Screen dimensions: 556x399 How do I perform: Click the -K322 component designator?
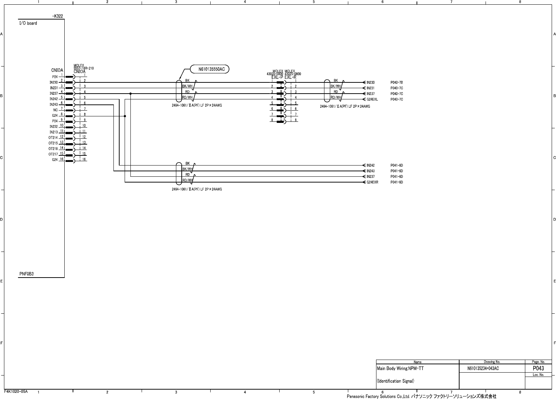pyautogui.click(x=58, y=16)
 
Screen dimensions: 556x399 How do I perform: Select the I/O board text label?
pyautogui.click(x=28, y=23)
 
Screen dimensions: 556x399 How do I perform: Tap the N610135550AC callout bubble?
pyautogui.click(x=212, y=69)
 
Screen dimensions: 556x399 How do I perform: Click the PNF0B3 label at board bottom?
pyautogui.click(x=26, y=274)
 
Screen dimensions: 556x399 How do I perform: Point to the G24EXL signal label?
pyautogui.click(x=372, y=99)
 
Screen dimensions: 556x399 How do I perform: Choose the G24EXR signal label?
pyautogui.click(x=372, y=182)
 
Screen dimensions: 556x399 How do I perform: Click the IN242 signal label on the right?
pyautogui.click(x=371, y=166)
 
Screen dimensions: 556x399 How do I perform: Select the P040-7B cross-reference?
pyautogui.click(x=397, y=83)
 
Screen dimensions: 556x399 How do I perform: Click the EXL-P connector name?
pyautogui.click(x=277, y=77)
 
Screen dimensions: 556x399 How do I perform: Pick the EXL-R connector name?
pyautogui.click(x=290, y=77)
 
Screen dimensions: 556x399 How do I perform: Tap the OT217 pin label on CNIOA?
pyautogui.click(x=53, y=154)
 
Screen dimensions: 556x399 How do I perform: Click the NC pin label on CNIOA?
pyautogui.click(x=55, y=110)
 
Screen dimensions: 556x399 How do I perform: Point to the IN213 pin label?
pyautogui.click(x=53, y=132)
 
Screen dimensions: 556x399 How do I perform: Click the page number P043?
pyautogui.click(x=538, y=368)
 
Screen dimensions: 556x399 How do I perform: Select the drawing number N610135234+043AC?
pyautogui.click(x=483, y=369)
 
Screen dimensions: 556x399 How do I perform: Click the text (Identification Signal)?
pyautogui.click(x=396, y=381)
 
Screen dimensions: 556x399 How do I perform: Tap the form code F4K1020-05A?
pyautogui.click(x=16, y=391)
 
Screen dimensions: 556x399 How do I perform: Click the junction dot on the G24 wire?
pyautogui.click(x=125, y=116)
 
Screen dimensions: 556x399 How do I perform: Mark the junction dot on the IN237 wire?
pyautogui.click(x=130, y=94)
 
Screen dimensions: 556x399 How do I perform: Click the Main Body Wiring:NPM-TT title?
pyautogui.click(x=400, y=369)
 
